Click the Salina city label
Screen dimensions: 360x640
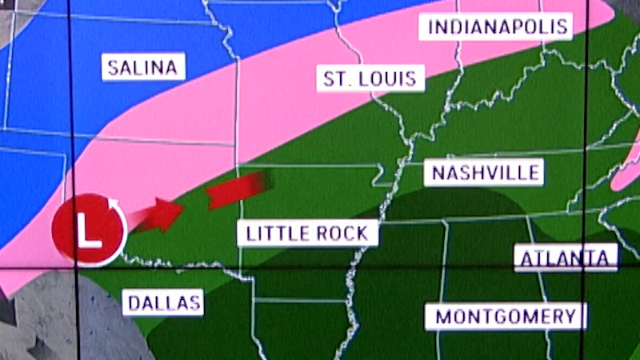pos(143,67)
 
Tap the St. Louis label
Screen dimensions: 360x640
pos(370,78)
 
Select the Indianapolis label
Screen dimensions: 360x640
pos(498,27)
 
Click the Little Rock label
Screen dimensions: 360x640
pos(307,233)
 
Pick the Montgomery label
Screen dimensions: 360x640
pos(505,316)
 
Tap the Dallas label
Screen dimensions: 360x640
pos(163,303)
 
